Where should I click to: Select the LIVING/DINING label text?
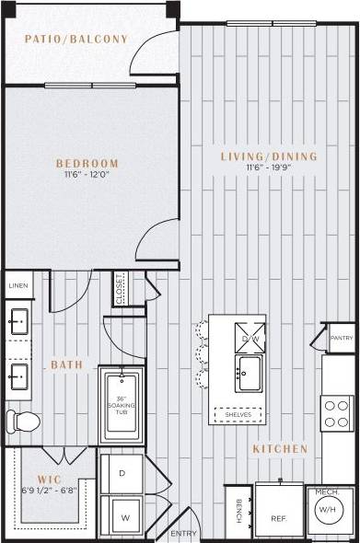(x=268, y=156)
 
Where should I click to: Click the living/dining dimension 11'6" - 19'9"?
(x=268, y=168)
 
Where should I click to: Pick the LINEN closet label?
(x=18, y=286)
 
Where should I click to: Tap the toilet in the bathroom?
(x=23, y=422)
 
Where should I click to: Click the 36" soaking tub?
(x=122, y=406)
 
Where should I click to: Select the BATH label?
(x=66, y=365)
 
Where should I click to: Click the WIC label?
(x=49, y=479)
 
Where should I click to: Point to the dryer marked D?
(x=122, y=473)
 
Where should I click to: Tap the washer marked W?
(x=122, y=516)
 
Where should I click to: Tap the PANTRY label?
(x=342, y=339)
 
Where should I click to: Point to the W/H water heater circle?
(x=327, y=508)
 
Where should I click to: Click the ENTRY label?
(x=184, y=534)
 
